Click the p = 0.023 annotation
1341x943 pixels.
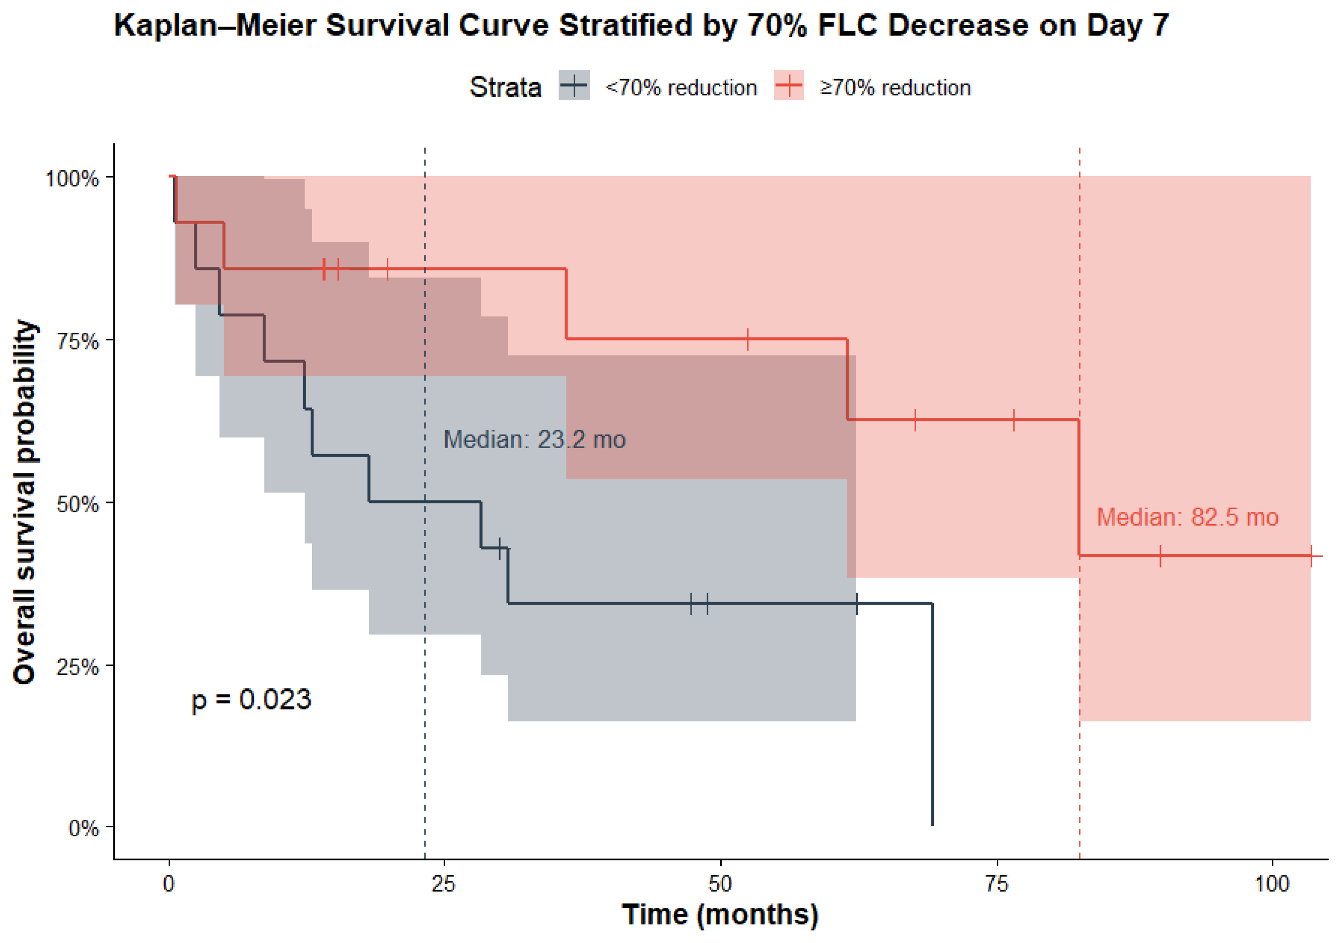(251, 700)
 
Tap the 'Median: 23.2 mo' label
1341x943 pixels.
(534, 440)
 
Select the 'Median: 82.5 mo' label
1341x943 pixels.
(1187, 517)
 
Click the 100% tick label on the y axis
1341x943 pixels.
(72, 179)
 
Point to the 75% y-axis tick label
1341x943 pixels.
(78, 342)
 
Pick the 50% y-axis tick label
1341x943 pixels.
(78, 504)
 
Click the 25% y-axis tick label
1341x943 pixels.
(78, 667)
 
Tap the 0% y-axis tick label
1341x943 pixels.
(84, 829)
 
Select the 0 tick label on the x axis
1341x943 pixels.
(169, 884)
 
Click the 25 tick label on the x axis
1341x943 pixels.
(443, 884)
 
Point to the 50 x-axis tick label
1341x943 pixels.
(720, 884)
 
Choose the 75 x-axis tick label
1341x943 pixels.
(996, 884)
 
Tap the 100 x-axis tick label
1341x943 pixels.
(1272, 884)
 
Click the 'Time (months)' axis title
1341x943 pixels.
(720, 915)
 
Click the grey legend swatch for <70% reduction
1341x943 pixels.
(574, 85)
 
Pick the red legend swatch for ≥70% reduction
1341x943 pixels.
(788, 85)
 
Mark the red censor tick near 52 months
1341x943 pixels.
(747, 339)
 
